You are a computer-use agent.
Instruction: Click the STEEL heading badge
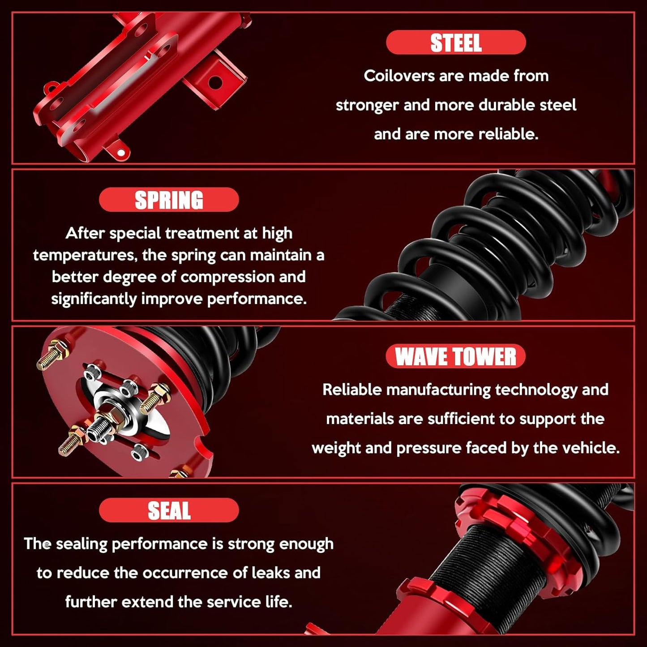(x=456, y=42)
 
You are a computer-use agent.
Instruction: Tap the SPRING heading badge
(x=169, y=199)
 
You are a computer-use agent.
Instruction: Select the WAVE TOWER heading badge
(x=456, y=356)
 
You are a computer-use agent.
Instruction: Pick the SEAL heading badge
(x=169, y=510)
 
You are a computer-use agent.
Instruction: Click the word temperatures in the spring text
(x=85, y=256)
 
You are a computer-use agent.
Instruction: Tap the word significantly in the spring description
(x=94, y=299)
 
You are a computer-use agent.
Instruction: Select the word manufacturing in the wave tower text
(x=438, y=390)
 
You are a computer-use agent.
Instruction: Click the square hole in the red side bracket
(x=215, y=81)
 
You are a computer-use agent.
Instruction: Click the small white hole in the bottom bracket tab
(x=121, y=153)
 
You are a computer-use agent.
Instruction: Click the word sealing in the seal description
(x=81, y=544)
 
